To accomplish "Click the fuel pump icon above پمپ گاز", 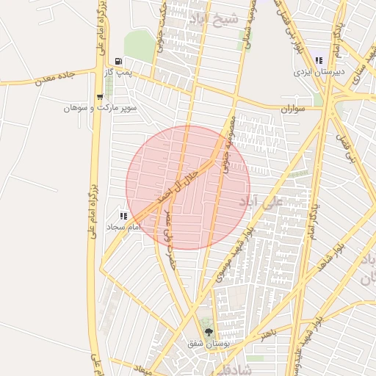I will [119, 62].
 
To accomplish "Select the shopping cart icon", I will [100, 96].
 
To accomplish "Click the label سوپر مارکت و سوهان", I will [100, 108].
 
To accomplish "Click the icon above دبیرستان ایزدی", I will [319, 60].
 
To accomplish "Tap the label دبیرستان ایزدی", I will [314, 72].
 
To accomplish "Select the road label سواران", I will [292, 108].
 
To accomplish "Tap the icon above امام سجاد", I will [123, 217].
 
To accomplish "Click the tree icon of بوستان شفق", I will [209, 331].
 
